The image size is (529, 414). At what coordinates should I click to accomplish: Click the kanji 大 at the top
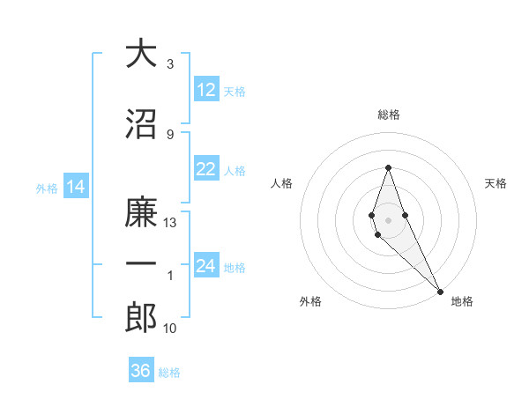click(141, 54)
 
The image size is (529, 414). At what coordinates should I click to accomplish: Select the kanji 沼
click(141, 125)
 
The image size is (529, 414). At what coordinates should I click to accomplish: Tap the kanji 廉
click(141, 214)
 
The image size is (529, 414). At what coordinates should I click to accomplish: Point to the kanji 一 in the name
click(141, 263)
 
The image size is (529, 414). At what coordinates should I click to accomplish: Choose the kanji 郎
click(141, 319)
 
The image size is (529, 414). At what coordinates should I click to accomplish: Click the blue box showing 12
click(206, 90)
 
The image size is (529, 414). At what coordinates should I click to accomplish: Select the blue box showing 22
click(206, 170)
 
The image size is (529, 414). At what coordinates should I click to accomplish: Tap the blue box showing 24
click(206, 267)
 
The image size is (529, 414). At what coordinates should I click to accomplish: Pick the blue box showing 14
click(75, 187)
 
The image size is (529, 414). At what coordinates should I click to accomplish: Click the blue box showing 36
click(141, 371)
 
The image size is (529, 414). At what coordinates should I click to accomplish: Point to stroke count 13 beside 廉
click(170, 223)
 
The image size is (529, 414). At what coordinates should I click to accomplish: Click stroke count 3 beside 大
click(170, 64)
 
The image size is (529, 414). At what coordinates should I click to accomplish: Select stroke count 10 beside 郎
click(170, 329)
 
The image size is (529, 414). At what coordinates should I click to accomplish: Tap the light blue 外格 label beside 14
click(46, 188)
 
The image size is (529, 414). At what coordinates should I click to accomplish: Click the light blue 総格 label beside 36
click(169, 372)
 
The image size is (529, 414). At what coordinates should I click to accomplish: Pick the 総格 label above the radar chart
click(388, 115)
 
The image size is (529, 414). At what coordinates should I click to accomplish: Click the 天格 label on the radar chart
click(495, 183)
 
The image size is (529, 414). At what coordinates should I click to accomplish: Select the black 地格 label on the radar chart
click(462, 301)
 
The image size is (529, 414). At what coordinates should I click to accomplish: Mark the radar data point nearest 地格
click(440, 292)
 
